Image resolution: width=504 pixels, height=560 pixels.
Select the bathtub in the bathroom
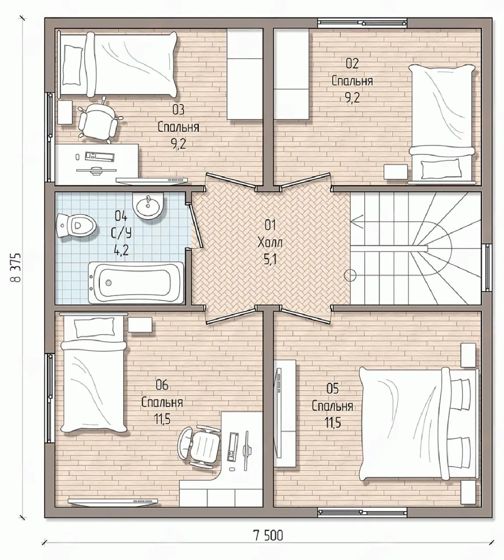pyautogui.click(x=136, y=283)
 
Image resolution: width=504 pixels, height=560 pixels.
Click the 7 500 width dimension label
pyautogui.click(x=268, y=535)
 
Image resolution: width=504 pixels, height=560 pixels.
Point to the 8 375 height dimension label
pyautogui.click(x=17, y=268)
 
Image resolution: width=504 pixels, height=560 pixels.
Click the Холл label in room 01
pyautogui.click(x=270, y=242)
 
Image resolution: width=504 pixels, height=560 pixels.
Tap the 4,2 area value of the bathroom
pyautogui.click(x=121, y=250)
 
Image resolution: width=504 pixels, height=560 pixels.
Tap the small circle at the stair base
pyautogui.click(x=350, y=276)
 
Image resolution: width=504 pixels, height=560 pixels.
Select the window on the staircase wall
pyautogui.click(x=488, y=267)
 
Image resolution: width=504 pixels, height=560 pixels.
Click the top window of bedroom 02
pyautogui.click(x=362, y=23)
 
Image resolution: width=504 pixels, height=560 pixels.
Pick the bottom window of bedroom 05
pyautogui.click(x=362, y=512)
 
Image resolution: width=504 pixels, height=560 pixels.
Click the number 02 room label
pyautogui.click(x=352, y=63)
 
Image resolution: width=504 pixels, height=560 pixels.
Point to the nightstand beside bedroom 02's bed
pyautogui.click(x=396, y=171)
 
